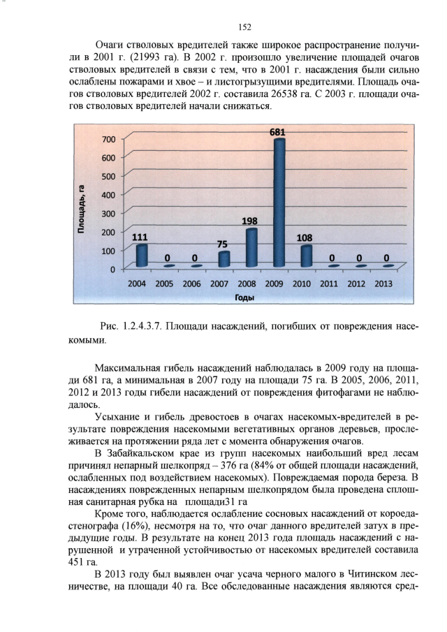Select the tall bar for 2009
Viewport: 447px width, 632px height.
(x=279, y=203)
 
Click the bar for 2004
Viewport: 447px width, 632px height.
(x=142, y=256)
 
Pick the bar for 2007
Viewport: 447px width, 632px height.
(x=224, y=259)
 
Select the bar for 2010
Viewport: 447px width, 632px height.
(x=306, y=256)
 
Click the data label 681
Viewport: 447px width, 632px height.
(x=279, y=132)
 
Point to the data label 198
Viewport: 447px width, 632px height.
(x=250, y=221)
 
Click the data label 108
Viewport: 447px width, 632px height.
(x=305, y=237)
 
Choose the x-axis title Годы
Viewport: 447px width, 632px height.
(x=244, y=297)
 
